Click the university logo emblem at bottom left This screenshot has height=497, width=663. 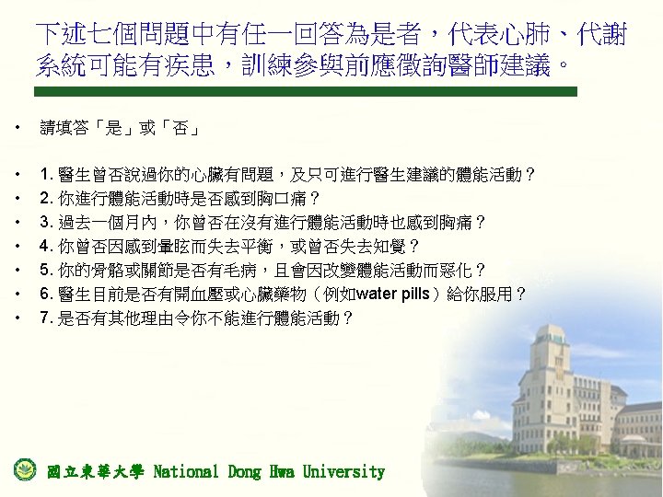24,469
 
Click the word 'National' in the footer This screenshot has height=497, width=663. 186,472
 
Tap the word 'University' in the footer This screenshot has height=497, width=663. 345,472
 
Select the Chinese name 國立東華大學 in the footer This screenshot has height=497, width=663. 95,472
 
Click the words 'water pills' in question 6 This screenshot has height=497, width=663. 393,295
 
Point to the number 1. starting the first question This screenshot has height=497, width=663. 44,174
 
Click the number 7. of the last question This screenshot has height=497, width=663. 44,318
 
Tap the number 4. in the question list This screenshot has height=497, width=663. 44,247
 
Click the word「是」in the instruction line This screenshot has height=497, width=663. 115,130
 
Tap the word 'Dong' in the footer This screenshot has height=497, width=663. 244,472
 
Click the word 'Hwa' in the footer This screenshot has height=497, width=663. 282,472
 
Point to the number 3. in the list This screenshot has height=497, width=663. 44,222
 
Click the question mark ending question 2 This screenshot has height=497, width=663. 314,198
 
